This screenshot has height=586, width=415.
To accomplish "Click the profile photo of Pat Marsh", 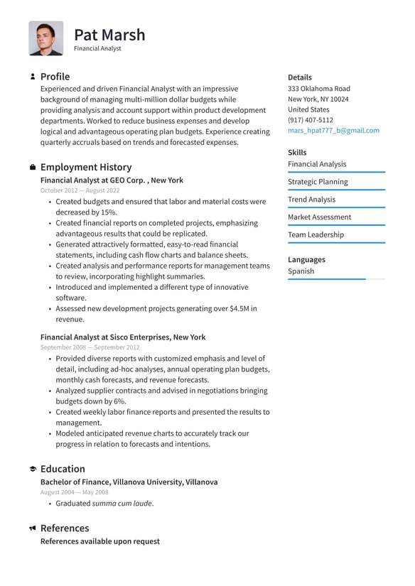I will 46,38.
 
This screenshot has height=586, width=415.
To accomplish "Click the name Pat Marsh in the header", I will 109,35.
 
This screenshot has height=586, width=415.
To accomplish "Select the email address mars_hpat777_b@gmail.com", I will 333,131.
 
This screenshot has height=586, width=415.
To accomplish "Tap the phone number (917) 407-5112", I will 310,120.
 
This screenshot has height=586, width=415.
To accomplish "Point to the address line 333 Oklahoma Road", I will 318,89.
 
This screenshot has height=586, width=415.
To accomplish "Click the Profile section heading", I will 55,77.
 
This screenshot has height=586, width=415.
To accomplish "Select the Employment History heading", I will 85,167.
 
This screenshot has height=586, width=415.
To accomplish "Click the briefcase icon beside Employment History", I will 33,167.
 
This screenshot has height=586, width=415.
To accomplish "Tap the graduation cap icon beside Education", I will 33,470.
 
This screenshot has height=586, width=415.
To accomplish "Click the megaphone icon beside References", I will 33,528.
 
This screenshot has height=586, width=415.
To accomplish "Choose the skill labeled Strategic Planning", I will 318,182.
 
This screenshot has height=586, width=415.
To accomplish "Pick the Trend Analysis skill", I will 311,200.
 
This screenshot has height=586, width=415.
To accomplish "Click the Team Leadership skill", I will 316,235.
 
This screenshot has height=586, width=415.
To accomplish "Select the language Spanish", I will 301,271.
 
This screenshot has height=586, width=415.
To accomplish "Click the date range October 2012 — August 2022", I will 79,191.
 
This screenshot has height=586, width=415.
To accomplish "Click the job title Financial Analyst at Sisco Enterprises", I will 122,337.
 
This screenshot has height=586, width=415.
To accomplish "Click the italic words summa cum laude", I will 122,504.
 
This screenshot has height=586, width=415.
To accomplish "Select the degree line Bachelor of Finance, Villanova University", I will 129,482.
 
